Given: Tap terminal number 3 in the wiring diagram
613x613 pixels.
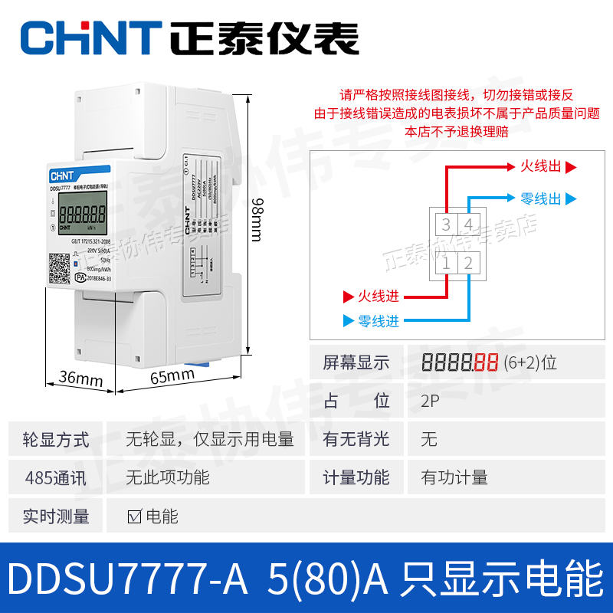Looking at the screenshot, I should point(447,225).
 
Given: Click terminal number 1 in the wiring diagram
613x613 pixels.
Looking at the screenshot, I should point(447,264).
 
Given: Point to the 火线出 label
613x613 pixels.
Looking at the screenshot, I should point(540,166).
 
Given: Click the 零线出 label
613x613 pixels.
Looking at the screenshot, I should point(540,198).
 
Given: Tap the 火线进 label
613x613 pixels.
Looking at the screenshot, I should point(379,296).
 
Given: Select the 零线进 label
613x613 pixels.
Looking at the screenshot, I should point(379,321).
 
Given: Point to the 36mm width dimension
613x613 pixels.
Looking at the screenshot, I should point(80,378).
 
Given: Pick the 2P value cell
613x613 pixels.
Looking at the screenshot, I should point(429,401).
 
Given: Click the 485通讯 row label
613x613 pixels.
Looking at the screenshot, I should point(56,477).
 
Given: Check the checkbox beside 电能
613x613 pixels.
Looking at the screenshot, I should point(134,516).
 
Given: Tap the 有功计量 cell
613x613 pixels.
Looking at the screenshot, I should point(454,477).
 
